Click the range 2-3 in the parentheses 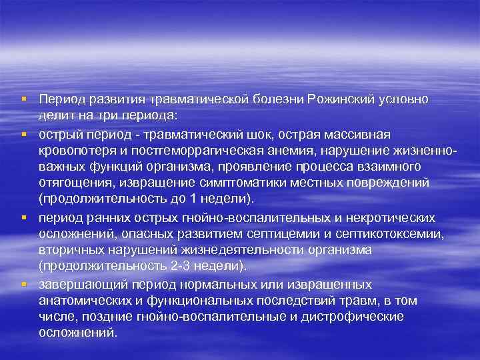click(x=175, y=265)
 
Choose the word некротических click(x=392, y=217)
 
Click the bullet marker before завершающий click(x=23, y=283)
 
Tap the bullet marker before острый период click(x=23, y=134)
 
